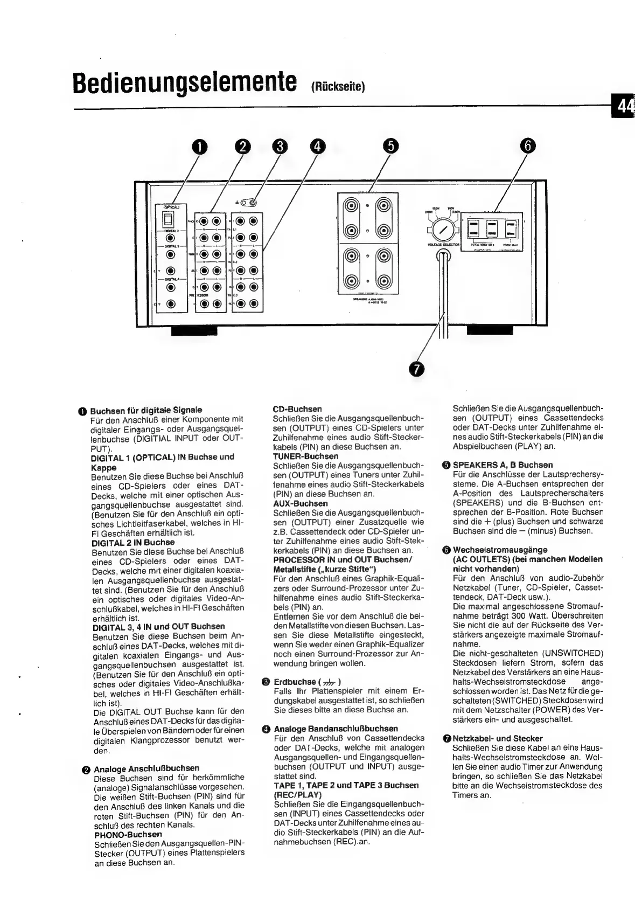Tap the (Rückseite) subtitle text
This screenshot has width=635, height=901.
point(338,88)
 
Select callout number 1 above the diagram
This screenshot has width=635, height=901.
point(200,147)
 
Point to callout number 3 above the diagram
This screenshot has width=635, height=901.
point(280,147)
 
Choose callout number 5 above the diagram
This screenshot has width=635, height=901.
point(391,147)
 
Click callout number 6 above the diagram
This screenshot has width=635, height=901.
point(528,147)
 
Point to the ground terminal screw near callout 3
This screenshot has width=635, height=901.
point(253,203)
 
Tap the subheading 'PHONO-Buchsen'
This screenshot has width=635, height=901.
point(128,834)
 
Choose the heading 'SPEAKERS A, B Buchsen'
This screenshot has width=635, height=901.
point(503,465)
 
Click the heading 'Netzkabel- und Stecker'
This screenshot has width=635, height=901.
point(498,738)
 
